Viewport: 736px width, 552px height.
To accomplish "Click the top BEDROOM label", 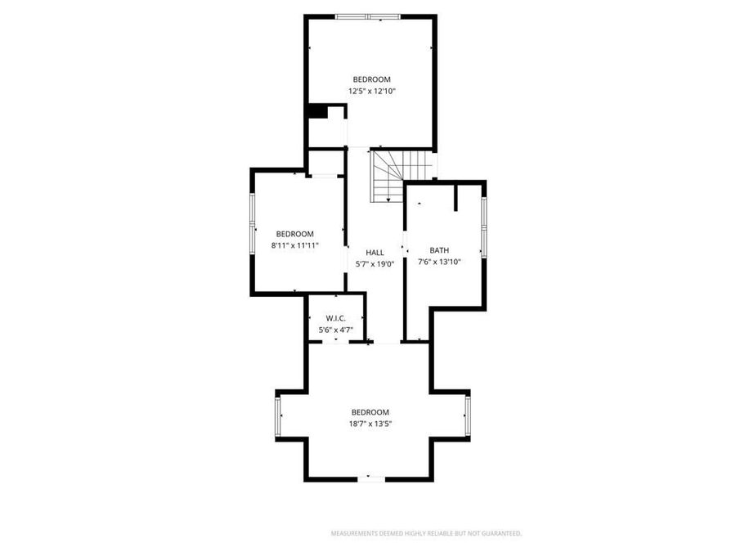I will tap(371, 79).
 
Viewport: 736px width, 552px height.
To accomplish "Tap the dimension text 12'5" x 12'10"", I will tap(371, 92).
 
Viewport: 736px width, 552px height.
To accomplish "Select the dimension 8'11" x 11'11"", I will tap(294, 245).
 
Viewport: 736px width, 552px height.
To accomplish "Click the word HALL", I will tap(375, 253).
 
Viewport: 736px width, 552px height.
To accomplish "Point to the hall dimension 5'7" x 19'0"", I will tap(375, 264).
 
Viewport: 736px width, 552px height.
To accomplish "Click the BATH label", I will tap(439, 250).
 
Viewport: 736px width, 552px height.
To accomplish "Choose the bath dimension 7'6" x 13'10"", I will tap(439, 263).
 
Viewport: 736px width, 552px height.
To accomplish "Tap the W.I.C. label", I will tap(335, 318).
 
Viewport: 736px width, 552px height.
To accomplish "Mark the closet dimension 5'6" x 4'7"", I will tap(335, 330).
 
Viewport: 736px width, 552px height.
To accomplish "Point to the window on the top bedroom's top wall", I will tap(368, 16).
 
